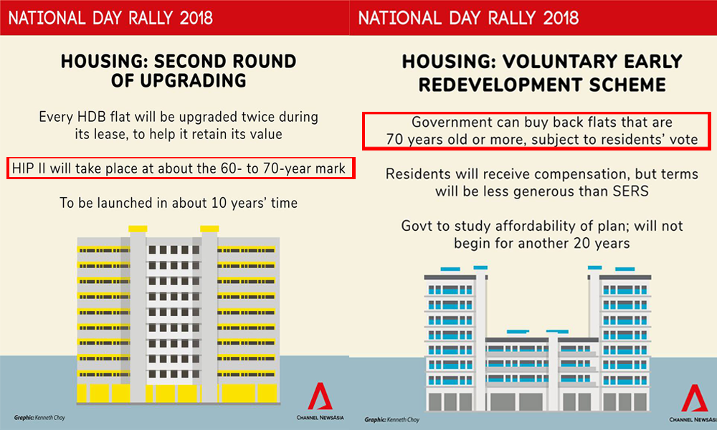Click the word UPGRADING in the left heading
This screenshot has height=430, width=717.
pos(193,81)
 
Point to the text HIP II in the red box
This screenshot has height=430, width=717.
pos(29,168)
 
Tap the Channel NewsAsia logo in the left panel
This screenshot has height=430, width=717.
pos(320,401)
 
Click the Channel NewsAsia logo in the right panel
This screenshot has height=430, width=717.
pos(693,403)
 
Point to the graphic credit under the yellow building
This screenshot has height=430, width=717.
pos(39,418)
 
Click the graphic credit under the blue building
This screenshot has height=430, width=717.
pos(392,419)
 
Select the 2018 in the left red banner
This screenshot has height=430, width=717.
pos(196,19)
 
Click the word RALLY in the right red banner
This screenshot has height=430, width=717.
pos(511,19)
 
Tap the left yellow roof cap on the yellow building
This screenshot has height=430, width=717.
pos(138,229)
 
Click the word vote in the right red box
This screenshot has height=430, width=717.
pos(683,139)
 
